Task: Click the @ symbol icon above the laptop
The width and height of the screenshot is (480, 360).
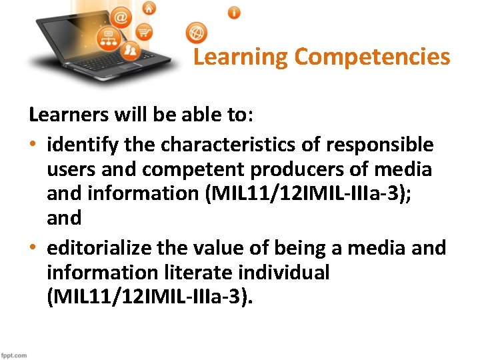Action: [x=121, y=18]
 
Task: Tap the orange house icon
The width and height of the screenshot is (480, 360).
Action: [x=149, y=8]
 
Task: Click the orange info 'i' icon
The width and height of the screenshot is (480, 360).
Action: [x=234, y=12]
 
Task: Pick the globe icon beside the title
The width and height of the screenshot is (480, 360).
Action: [x=197, y=32]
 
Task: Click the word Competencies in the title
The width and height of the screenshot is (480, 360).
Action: [x=372, y=57]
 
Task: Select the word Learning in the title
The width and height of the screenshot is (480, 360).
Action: [x=241, y=57]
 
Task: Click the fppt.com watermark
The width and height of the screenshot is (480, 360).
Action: [x=14, y=355]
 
